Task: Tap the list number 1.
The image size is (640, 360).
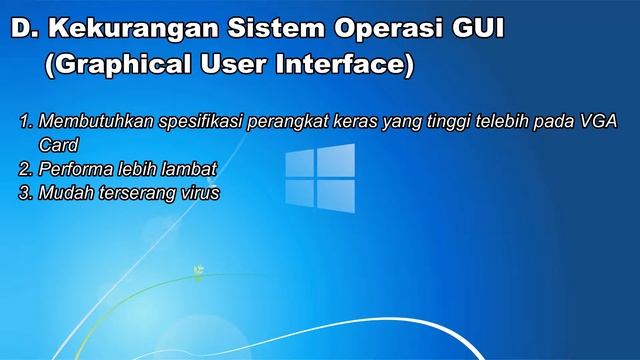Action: pyautogui.click(x=24, y=122)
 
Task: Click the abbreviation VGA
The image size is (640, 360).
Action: pyautogui.click(x=597, y=122)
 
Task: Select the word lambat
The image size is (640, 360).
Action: pyautogui.click(x=191, y=168)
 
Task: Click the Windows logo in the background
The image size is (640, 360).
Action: pyautogui.click(x=320, y=179)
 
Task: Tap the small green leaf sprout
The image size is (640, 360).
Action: pyautogui.click(x=200, y=269)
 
